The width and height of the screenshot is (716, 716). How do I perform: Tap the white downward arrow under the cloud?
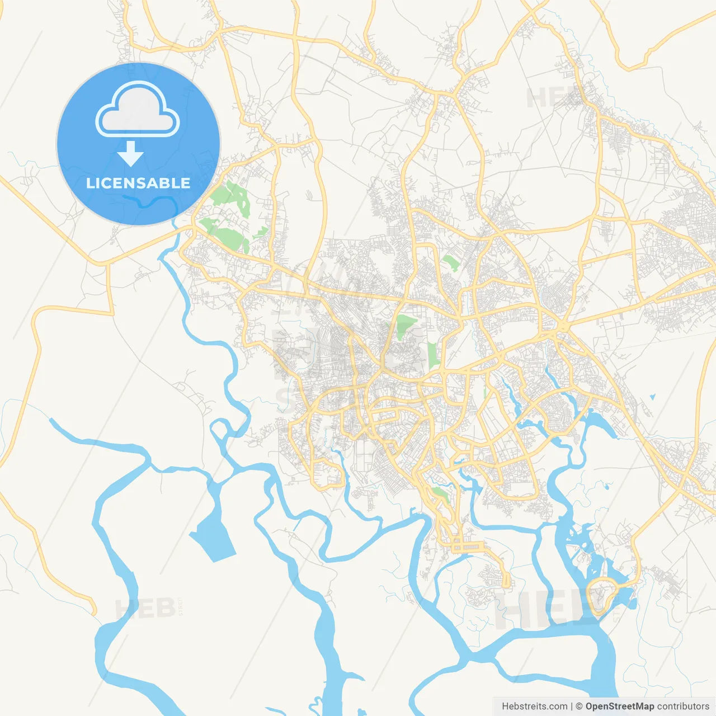click(131, 154)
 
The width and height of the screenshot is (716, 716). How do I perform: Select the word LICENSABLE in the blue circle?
click(138, 183)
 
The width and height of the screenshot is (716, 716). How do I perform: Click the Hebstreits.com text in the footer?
click(534, 706)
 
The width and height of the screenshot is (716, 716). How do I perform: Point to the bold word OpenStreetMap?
click(619, 706)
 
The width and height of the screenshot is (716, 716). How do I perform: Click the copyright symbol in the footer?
click(579, 706)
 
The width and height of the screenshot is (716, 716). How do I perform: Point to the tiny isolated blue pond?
click(652, 398)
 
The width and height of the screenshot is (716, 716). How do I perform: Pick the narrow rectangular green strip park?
click(432, 356)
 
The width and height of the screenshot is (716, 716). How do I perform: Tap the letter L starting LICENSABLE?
click(89, 183)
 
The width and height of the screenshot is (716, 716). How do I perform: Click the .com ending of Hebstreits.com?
click(557, 706)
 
